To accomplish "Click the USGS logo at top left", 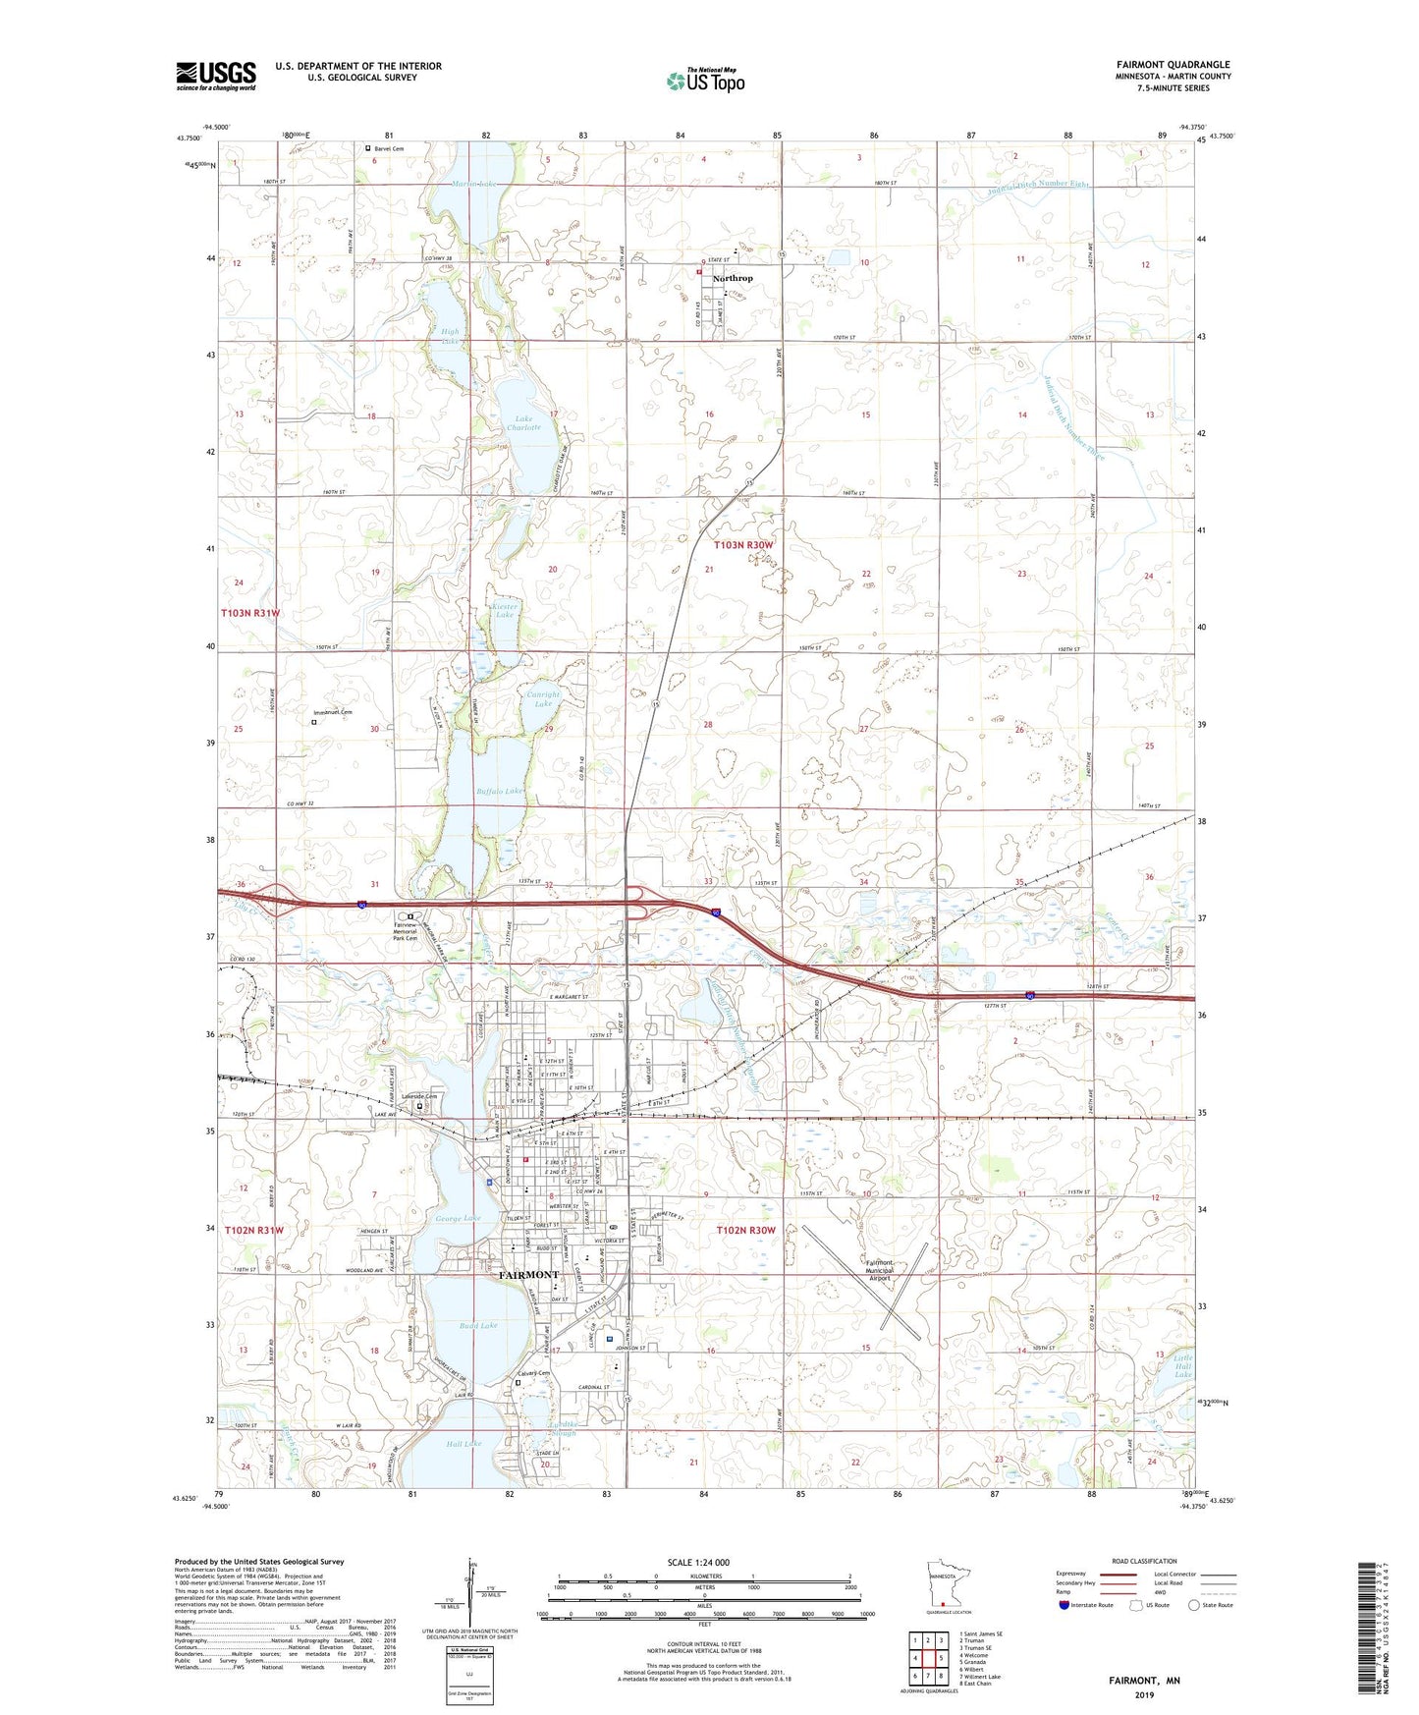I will click(216, 75).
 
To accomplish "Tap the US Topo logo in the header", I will click(705, 81).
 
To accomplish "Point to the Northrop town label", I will click(733, 278).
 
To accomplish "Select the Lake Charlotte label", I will click(525, 423).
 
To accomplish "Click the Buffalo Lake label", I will click(502, 790).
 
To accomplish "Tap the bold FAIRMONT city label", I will click(528, 1275).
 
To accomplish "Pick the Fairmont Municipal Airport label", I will click(879, 1271).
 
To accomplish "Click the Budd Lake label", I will click(479, 1326).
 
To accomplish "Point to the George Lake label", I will click(458, 1218).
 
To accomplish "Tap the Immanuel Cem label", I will click(332, 712).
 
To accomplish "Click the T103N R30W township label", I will click(743, 544).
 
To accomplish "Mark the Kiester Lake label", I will click(504, 610).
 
